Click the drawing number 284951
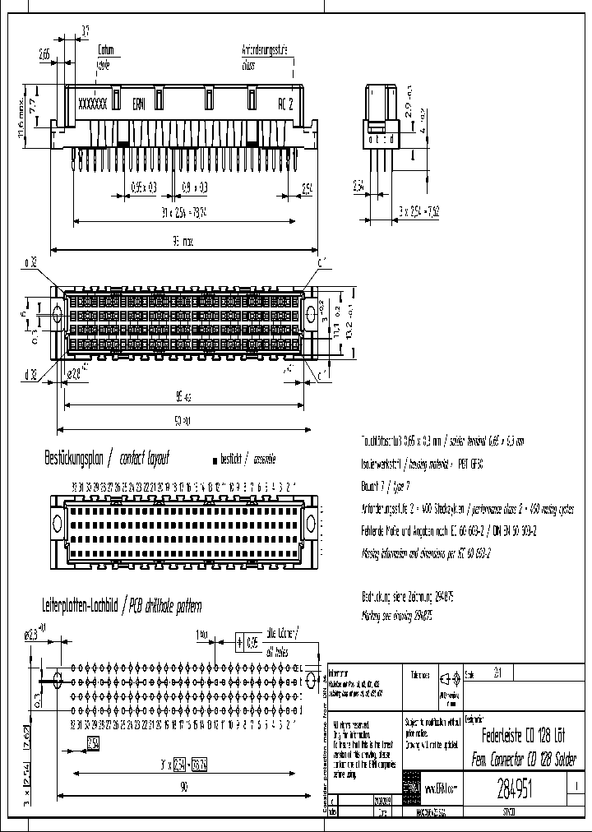click(516, 790)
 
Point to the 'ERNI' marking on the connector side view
click(141, 104)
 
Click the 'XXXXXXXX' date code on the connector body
click(91, 104)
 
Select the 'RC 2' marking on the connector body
click(284, 104)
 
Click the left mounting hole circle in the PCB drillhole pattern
click(57, 680)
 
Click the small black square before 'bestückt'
click(216, 459)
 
